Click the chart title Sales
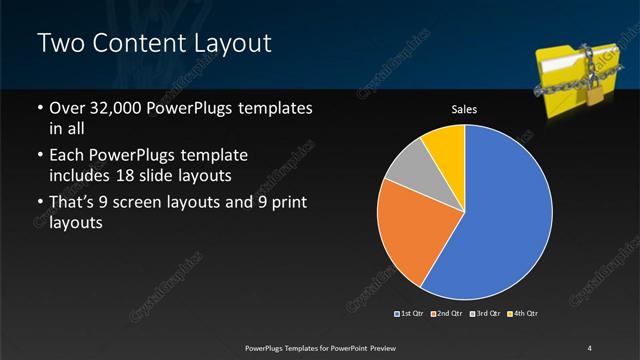tap(465, 109)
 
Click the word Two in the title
tap(57, 44)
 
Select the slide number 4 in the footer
tap(590, 348)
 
